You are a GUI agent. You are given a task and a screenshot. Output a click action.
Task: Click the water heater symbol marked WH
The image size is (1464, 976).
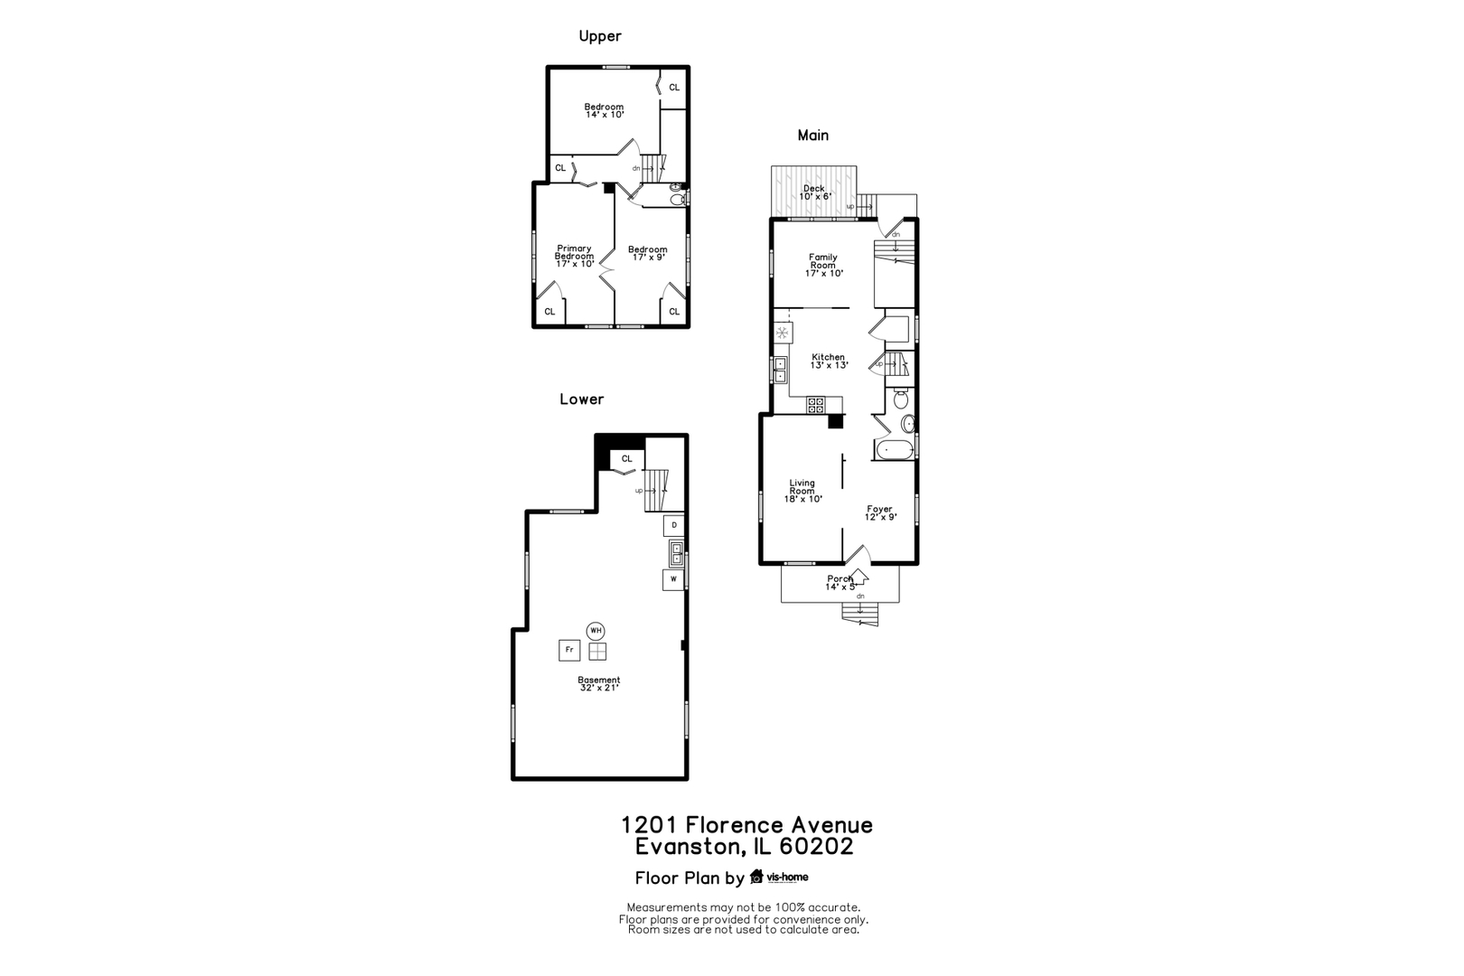(596, 631)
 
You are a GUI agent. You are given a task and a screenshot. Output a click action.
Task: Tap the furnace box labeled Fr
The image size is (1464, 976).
(569, 650)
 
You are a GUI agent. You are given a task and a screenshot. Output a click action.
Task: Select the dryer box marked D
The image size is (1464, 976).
(674, 526)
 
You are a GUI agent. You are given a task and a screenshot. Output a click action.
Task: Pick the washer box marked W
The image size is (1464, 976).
(673, 579)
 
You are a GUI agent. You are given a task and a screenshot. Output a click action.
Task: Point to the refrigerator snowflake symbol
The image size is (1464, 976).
(782, 333)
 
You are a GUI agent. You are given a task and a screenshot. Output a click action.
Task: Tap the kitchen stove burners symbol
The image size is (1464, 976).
(815, 405)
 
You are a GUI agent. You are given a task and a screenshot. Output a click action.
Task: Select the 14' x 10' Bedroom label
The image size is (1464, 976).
(605, 110)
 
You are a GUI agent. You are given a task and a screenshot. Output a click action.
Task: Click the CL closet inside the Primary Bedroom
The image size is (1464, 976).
(549, 312)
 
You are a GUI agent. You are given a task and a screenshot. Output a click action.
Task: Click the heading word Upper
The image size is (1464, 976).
(600, 36)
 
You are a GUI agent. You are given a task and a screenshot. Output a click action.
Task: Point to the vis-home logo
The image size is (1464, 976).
(779, 877)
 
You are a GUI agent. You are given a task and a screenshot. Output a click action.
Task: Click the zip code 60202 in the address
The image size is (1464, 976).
(816, 847)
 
